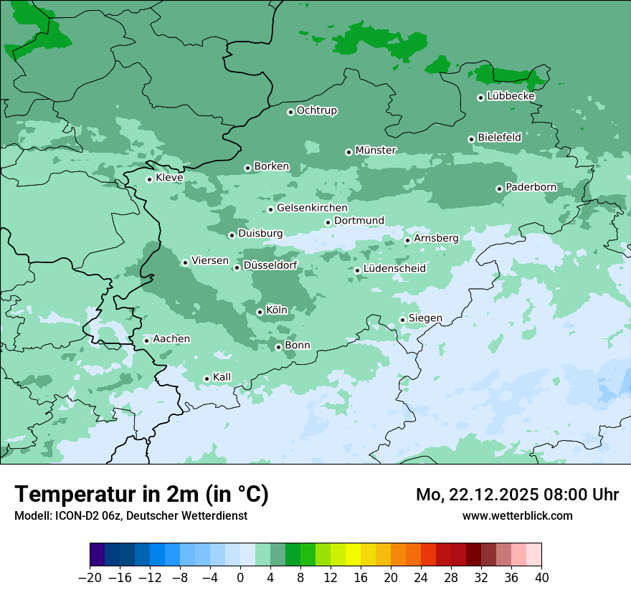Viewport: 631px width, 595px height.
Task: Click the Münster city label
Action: (x=376, y=151)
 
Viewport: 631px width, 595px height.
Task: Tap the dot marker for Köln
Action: (x=260, y=312)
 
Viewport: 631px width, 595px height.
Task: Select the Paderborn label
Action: (x=531, y=187)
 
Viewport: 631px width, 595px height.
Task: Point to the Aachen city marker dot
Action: (x=146, y=341)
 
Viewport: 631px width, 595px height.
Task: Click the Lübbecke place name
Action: (x=511, y=96)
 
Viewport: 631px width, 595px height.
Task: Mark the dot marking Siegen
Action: (x=402, y=320)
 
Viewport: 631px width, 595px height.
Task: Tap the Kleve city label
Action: (x=169, y=178)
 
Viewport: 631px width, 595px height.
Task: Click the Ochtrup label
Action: (x=316, y=110)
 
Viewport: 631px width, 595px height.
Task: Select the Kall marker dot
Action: (x=207, y=379)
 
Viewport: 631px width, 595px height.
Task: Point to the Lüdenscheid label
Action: (x=394, y=269)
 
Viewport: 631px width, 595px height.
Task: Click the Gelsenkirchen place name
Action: (x=312, y=208)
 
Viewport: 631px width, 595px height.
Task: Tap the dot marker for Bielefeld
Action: (x=471, y=139)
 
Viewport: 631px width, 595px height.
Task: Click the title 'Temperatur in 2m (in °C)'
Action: (x=141, y=495)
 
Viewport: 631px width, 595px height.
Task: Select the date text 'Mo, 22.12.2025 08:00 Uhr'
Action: (x=517, y=495)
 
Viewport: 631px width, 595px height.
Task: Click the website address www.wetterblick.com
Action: (x=517, y=515)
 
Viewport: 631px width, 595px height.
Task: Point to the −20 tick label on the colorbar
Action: (x=90, y=578)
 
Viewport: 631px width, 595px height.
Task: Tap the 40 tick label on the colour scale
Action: (x=541, y=578)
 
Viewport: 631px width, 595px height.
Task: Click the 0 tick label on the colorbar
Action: (x=240, y=578)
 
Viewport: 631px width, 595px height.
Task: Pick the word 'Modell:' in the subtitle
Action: (x=32, y=516)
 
